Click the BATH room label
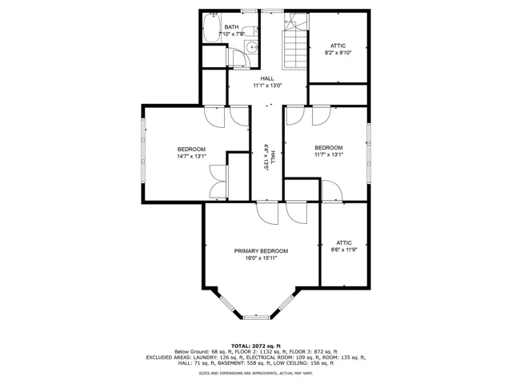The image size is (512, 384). pyautogui.click(x=231, y=27)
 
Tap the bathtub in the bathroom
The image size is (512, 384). pyautogui.click(x=211, y=27)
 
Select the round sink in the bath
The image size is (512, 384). pyautogui.click(x=252, y=48)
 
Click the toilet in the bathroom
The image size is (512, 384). pyautogui.click(x=250, y=31)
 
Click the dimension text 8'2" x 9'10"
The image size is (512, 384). pyautogui.click(x=338, y=53)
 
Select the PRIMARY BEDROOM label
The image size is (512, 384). pyautogui.click(x=261, y=251)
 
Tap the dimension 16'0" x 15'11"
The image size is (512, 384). pyautogui.click(x=262, y=258)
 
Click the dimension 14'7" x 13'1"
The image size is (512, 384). pyautogui.click(x=192, y=157)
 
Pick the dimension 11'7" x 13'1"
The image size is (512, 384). pyautogui.click(x=329, y=154)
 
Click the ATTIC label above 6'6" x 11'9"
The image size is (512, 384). pyautogui.click(x=344, y=243)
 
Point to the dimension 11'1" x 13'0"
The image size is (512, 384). pyautogui.click(x=267, y=86)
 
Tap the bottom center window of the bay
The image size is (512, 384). pyautogui.click(x=257, y=317)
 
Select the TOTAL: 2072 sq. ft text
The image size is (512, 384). pyautogui.click(x=256, y=346)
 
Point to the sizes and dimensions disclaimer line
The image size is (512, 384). pyautogui.click(x=256, y=373)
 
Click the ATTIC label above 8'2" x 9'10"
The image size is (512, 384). pyautogui.click(x=338, y=46)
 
